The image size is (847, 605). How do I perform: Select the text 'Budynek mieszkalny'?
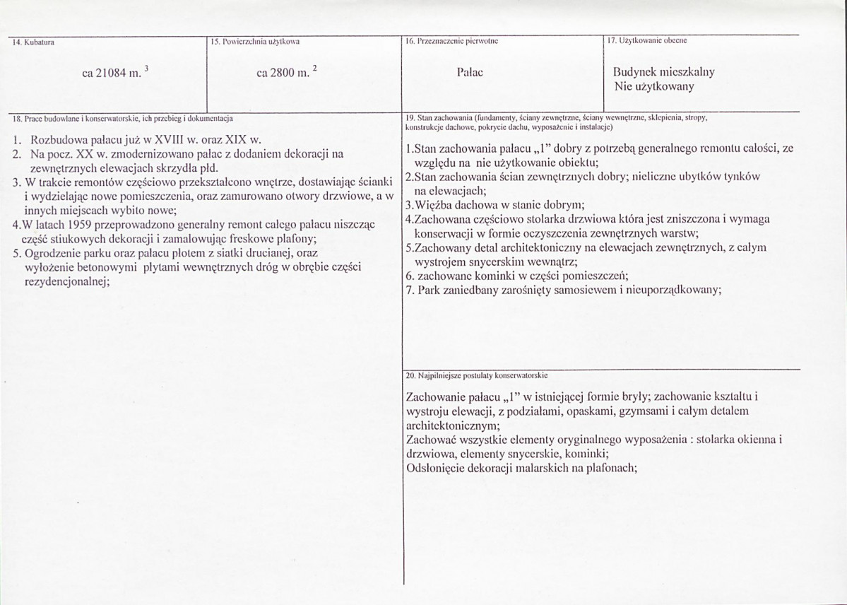tap(665, 72)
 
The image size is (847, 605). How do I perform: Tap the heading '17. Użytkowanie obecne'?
tap(648, 41)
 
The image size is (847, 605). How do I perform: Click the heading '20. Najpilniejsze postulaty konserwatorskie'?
tap(478, 375)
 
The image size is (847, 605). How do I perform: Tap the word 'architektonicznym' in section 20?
tap(452, 425)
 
